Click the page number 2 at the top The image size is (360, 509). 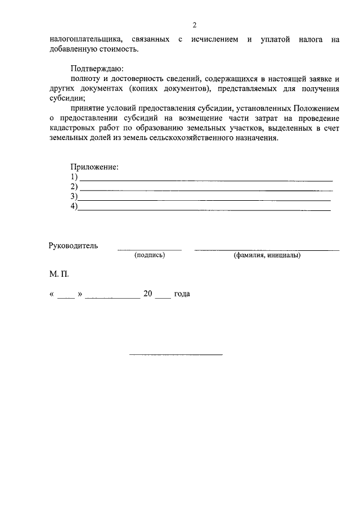194,25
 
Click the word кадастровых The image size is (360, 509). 72,129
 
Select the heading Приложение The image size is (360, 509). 94,167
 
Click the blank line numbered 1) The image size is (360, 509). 206,179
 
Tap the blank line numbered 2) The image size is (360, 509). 206,190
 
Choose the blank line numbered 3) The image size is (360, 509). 204,200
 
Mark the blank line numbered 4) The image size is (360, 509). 204,209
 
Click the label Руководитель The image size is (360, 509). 73,245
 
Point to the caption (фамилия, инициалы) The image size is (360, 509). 267,255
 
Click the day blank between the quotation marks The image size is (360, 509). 66,296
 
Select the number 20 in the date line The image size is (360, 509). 148,294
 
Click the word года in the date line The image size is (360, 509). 182,294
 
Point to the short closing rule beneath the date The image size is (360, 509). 176,354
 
